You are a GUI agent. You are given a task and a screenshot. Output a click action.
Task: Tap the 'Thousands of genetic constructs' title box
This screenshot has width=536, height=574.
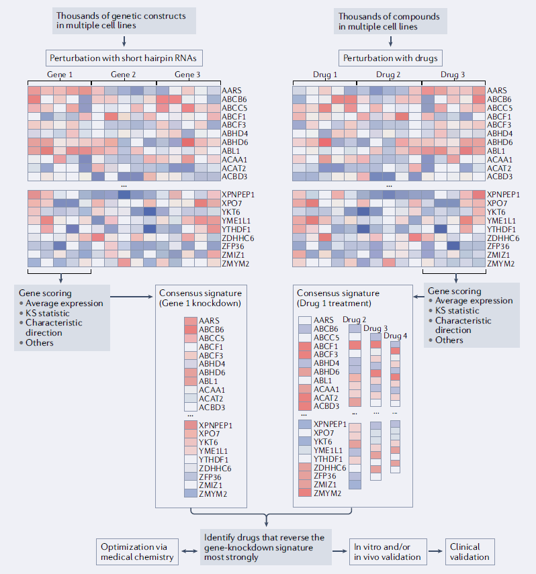click(125, 21)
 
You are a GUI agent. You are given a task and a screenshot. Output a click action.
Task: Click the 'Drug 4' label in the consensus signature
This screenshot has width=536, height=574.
click(396, 336)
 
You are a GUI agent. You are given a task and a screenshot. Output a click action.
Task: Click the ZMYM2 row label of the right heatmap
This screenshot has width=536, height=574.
click(500, 264)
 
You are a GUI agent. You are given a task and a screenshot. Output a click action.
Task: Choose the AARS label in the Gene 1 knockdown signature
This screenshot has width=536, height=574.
click(208, 320)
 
